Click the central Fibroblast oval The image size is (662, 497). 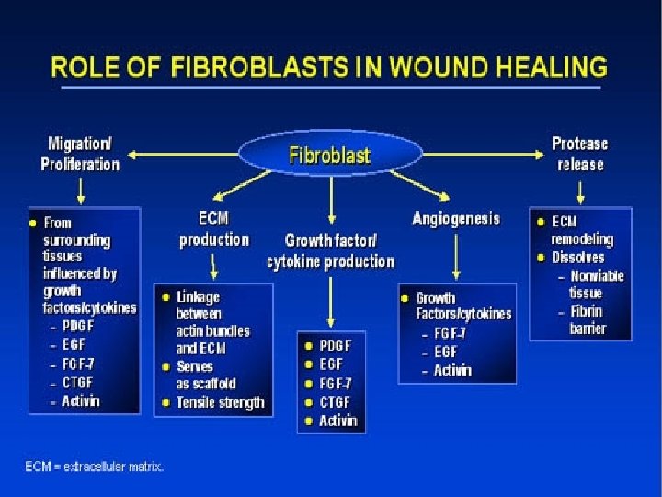click(330, 155)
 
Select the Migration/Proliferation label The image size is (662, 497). click(80, 154)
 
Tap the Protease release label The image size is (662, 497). click(579, 154)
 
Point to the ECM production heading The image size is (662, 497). click(213, 229)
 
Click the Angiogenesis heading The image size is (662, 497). click(456, 218)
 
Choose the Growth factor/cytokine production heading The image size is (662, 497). click(330, 251)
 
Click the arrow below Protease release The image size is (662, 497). click(579, 191)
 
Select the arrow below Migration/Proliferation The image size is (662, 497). click(81, 191)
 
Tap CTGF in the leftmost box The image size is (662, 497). click(80, 382)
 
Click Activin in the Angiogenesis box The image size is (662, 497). click(452, 370)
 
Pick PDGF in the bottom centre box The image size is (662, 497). click(335, 345)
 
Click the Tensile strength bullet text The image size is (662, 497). click(220, 402)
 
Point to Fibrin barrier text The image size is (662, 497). click(587, 319)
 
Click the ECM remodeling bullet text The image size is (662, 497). click(581, 230)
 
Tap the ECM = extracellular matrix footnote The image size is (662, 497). click(95, 467)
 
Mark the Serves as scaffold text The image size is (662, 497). click(206, 375)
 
